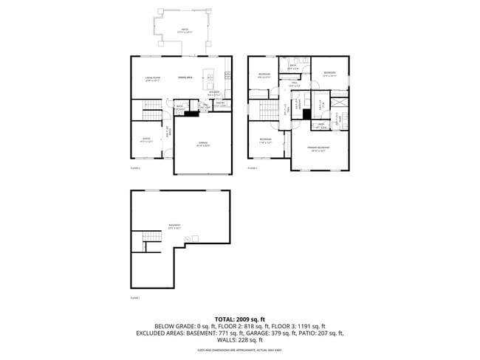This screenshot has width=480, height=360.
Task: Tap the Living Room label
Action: pos(153,79)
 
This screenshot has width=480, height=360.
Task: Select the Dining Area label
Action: pos(185,77)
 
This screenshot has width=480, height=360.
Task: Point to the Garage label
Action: pos(202,145)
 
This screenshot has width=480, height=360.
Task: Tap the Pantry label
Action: pos(219,104)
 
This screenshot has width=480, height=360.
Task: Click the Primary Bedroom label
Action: pos(318,149)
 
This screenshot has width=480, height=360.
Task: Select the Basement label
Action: pos(174,226)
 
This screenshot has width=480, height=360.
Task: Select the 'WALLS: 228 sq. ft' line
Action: pos(239,340)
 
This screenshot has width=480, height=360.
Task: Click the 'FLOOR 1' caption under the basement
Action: pos(135,298)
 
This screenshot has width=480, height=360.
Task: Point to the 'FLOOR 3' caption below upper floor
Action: pos(252,168)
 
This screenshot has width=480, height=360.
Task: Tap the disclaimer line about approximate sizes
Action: pos(239,349)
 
